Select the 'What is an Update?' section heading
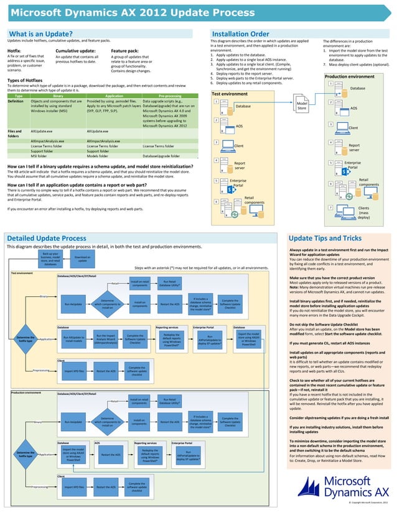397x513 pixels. [40, 34]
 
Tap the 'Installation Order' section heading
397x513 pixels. [241, 34]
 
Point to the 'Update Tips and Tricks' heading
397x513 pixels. [326, 238]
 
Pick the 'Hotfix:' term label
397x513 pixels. [15, 50]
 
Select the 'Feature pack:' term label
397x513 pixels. [124, 50]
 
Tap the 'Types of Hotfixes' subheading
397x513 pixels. [30, 80]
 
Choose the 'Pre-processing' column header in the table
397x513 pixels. [170, 96]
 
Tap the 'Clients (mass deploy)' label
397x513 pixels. [363, 213]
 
